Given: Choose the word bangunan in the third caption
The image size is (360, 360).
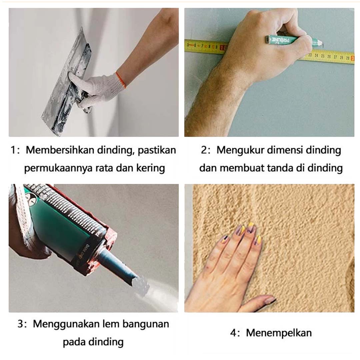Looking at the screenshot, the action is pos(146,324).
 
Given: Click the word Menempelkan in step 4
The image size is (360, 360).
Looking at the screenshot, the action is pos(279,333).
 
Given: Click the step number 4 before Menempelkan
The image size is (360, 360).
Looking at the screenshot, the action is pos(233,333).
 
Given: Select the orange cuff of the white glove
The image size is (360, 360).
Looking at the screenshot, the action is pos(121,80).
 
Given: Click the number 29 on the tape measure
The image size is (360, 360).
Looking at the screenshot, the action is pos(348,58).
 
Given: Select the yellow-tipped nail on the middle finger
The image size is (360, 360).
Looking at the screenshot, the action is pos(251,225).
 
